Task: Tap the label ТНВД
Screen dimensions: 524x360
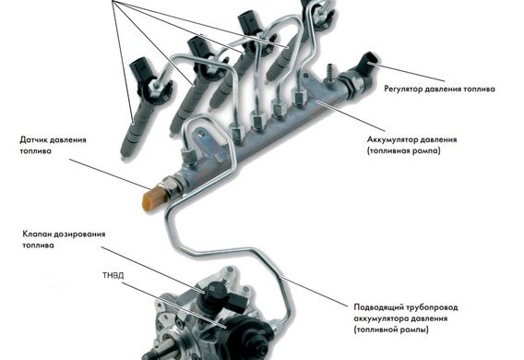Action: coord(113,276)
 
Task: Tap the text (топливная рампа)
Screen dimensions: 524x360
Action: coord(404,151)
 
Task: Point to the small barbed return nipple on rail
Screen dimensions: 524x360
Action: coord(330,73)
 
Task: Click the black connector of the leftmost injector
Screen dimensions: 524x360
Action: coord(139,72)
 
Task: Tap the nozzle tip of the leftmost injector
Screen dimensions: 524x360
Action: coord(124,155)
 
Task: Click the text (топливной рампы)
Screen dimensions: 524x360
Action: coord(391,330)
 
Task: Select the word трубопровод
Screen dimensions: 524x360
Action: coord(433,307)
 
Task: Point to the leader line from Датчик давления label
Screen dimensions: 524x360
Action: coord(109,174)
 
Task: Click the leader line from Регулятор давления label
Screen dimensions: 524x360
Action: coord(409,71)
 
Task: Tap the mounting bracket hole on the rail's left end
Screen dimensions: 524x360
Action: coord(200,137)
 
